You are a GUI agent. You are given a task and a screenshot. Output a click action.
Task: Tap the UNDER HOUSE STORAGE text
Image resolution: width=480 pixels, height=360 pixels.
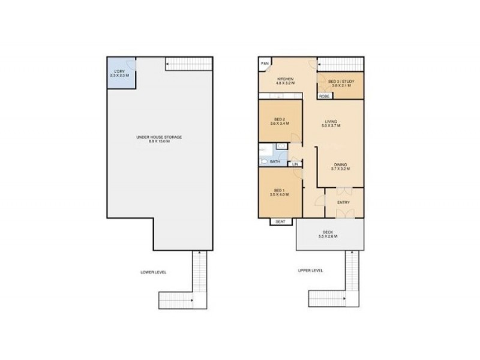pos(159,138)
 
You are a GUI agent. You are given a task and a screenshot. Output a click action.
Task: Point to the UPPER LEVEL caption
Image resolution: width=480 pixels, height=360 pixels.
pos(310,271)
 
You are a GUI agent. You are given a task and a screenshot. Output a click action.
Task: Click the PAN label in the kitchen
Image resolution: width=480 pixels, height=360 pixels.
pos(264,63)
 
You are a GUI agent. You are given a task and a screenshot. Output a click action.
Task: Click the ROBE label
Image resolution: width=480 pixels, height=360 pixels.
pos(324,96)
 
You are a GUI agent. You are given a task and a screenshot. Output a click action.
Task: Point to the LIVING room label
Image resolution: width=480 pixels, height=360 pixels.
pos(331,122)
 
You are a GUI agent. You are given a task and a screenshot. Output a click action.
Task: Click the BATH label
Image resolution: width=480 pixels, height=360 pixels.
pos(275,161)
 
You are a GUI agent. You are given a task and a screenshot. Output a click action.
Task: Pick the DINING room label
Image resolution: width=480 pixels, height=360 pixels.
pos(340,165)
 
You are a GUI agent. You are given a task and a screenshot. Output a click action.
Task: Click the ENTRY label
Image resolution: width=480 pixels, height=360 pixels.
pos(343,202)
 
